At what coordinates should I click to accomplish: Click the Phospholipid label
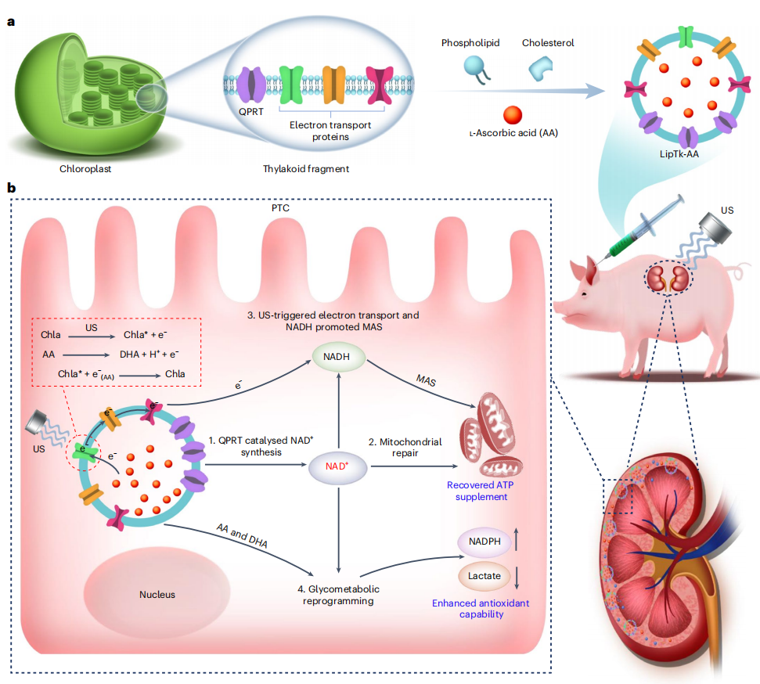[x=470, y=43]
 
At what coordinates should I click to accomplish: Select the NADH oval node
[x=337, y=359]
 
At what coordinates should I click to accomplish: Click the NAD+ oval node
[x=337, y=466]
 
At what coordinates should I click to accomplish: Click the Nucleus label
[x=157, y=594]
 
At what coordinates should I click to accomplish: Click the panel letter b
[x=11, y=187]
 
